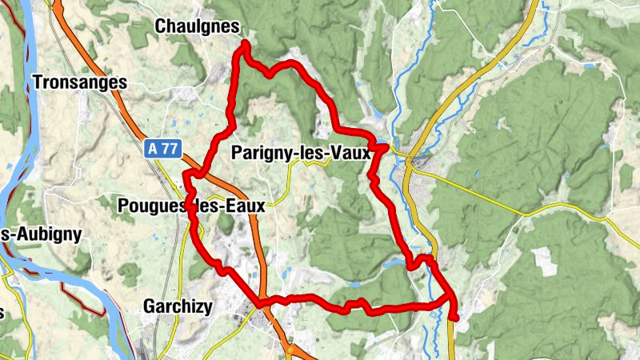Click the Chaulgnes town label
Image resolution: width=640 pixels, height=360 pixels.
196,27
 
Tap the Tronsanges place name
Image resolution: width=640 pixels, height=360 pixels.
80,82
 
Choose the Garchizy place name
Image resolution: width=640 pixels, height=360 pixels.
177,306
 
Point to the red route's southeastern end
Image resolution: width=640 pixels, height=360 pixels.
454,318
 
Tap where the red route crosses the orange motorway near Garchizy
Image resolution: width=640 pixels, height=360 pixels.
262,302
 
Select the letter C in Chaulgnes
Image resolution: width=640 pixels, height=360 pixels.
159,27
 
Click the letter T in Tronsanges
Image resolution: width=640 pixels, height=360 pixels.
38,82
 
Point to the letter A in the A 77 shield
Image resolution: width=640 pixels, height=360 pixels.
155,148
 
